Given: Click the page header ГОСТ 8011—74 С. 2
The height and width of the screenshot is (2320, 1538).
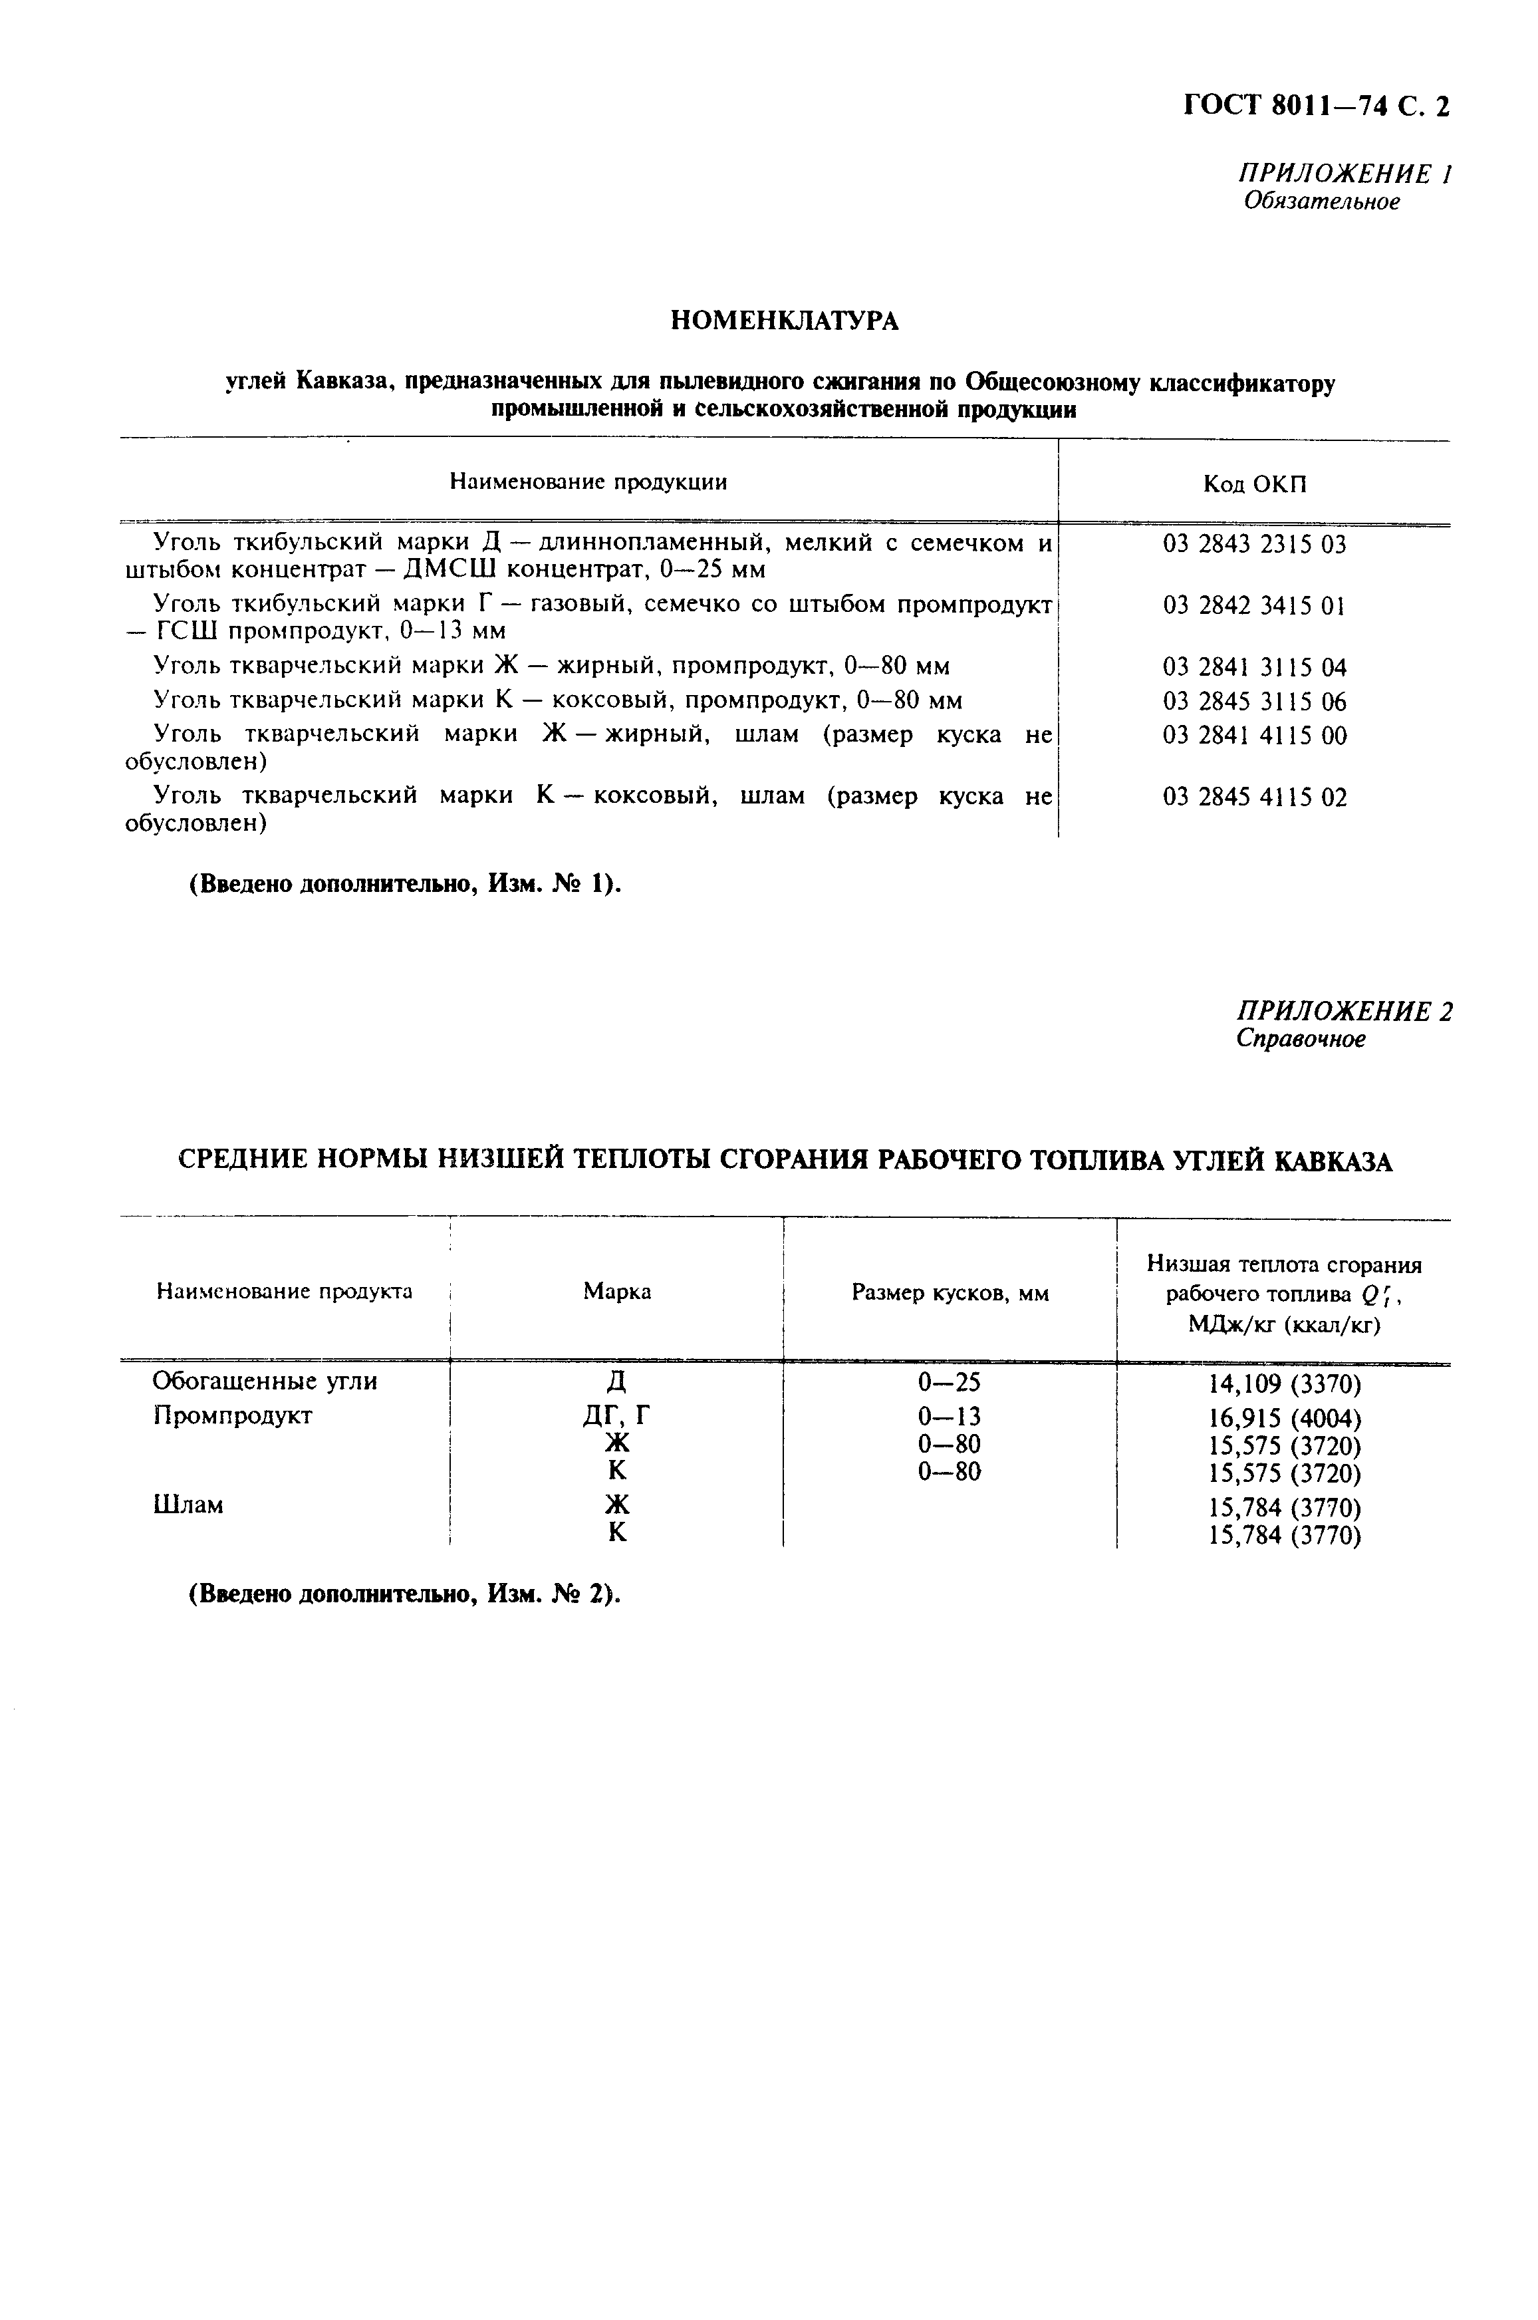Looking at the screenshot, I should tap(1315, 106).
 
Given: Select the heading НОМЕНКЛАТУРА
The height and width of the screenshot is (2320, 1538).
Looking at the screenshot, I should tap(785, 321).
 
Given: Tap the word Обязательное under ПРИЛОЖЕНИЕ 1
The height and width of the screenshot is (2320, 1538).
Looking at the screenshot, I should tap(1321, 202).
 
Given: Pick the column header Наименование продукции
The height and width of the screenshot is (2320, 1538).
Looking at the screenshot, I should tap(588, 482).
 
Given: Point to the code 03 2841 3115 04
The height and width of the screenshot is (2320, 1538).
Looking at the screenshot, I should tap(1255, 668).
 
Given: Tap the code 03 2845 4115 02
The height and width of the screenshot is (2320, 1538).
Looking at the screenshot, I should tap(1255, 797).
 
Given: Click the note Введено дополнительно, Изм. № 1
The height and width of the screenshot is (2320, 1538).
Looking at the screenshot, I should tap(405, 884).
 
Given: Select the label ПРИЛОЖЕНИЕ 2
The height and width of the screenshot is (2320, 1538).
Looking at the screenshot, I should tap(1344, 1012).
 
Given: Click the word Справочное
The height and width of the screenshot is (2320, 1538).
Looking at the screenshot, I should tap(1300, 1039).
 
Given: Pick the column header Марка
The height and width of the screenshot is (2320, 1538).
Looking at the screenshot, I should tap(617, 1292).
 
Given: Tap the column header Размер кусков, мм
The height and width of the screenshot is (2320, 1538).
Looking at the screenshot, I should tap(950, 1294).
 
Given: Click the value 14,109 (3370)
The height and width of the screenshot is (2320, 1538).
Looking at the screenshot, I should tap(1284, 1384).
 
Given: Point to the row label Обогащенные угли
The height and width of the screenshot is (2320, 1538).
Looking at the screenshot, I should tap(265, 1381).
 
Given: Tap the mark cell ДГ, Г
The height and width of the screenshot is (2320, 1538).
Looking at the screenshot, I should tap(617, 1415).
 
